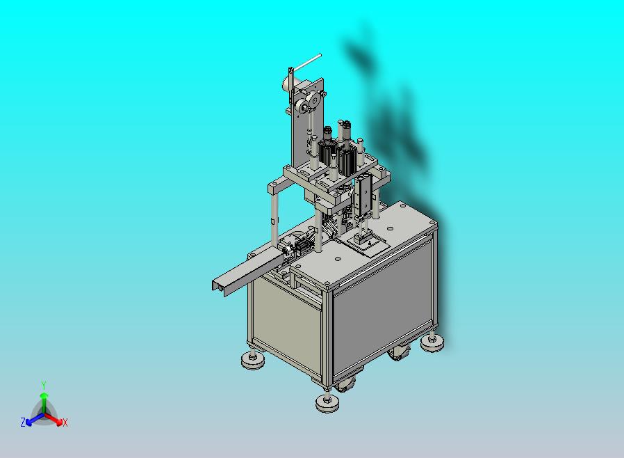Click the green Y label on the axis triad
44,385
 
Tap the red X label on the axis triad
65,423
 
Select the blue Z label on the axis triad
23,422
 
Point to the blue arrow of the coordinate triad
32,418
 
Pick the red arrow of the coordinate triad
55,419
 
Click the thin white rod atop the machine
306,62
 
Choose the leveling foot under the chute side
252,360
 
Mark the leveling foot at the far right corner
433,342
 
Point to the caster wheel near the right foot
400,352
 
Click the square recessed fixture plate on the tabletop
368,244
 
